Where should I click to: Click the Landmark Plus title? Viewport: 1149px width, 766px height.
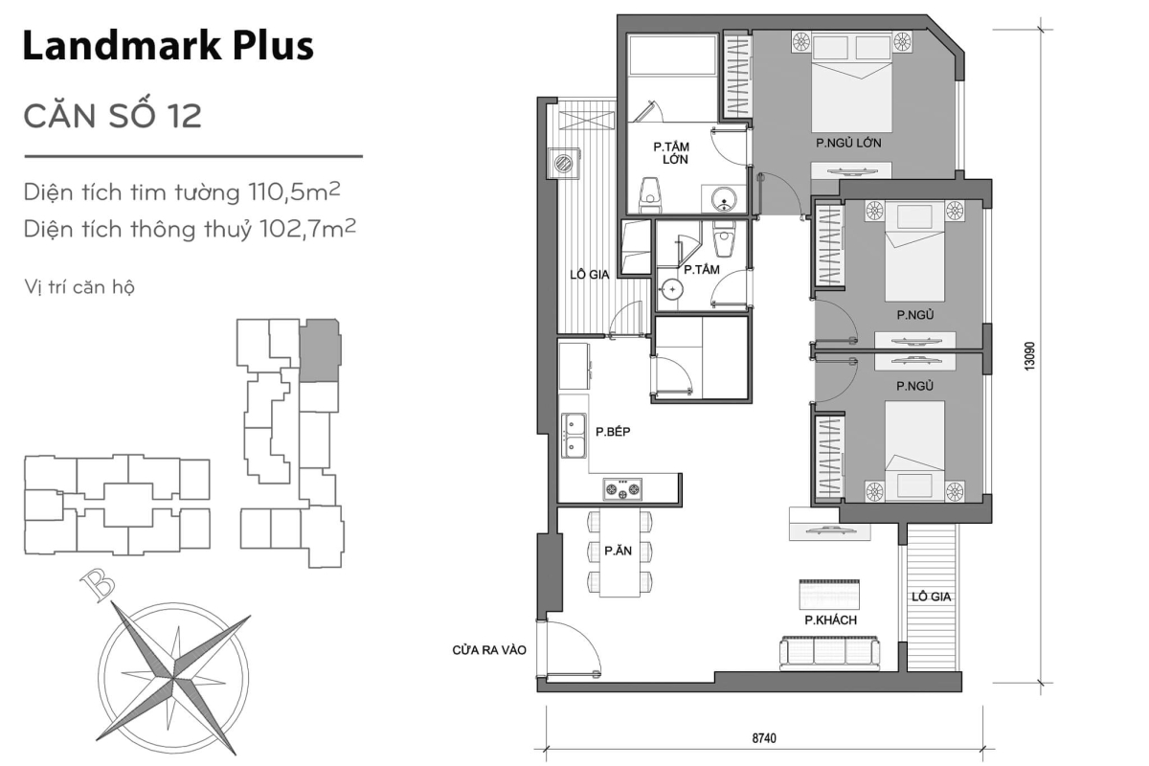point(168,45)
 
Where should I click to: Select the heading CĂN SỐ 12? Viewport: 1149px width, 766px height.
point(112,116)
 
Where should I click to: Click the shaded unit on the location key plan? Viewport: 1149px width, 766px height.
point(319,350)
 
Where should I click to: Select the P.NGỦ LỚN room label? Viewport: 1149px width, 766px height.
point(847,143)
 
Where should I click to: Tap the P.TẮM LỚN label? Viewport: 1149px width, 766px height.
point(673,154)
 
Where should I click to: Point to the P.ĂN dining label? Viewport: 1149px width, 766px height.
point(615,551)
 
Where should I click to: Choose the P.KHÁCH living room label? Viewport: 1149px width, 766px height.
point(830,620)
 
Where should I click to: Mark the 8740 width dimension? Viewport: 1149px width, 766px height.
point(762,738)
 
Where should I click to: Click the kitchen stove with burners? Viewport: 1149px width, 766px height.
point(621,490)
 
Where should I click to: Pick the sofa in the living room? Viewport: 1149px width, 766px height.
point(830,652)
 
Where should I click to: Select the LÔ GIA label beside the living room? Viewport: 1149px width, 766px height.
point(930,597)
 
